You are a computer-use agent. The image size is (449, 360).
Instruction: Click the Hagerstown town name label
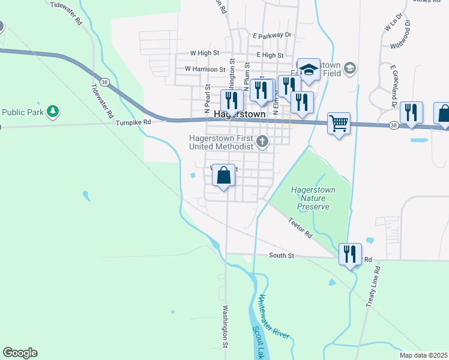pyautogui.click(x=240, y=113)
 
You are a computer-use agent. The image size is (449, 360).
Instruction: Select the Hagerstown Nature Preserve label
pyautogui.click(x=313, y=198)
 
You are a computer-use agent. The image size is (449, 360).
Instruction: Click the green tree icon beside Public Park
pyautogui.click(x=53, y=111)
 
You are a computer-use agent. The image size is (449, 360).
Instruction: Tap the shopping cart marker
pyautogui.click(x=339, y=124)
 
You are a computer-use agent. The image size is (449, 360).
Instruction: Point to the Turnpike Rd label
pyautogui.click(x=133, y=122)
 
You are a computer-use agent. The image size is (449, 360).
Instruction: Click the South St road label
pyautogui.click(x=281, y=256)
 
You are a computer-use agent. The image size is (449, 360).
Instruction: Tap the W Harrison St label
pyautogui.click(x=204, y=68)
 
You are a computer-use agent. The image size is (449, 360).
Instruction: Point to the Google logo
pyautogui.click(x=20, y=353)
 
